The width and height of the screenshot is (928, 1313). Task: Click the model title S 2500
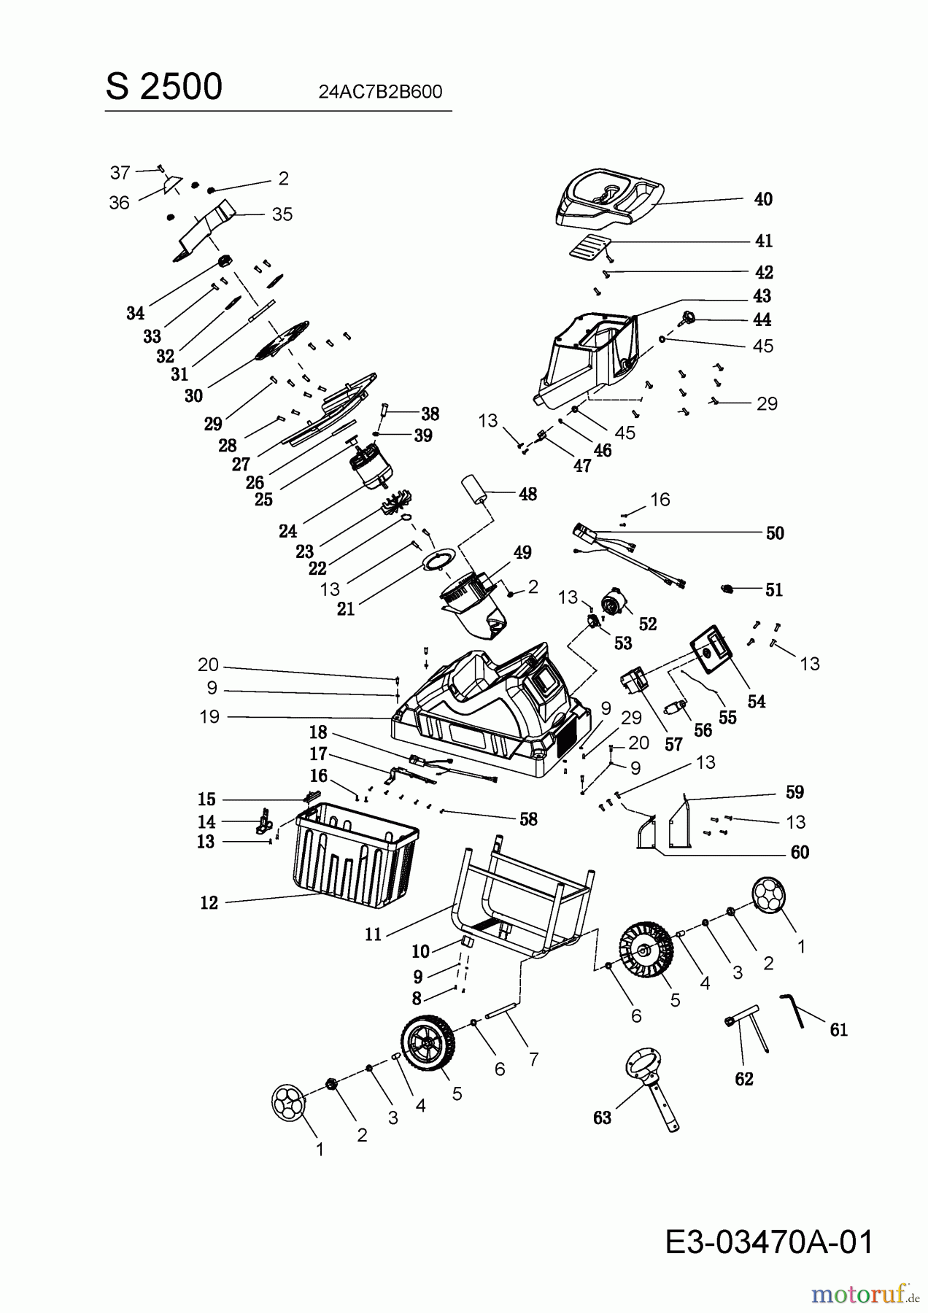pos(164,87)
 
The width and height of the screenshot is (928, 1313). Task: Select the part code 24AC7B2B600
pos(380,92)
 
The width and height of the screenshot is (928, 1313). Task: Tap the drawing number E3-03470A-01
pos(769,1242)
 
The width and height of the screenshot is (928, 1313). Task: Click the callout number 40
pos(763,199)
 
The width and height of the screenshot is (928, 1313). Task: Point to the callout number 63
pos(602,1118)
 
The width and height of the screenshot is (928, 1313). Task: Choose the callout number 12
pos(209,902)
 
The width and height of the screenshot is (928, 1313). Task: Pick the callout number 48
pos(527,494)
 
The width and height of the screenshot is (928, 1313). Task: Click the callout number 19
pos(209,716)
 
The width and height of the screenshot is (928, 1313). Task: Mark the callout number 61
pos(839,1029)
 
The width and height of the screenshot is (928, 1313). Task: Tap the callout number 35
pos(282,214)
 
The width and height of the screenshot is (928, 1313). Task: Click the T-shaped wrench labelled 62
pos(746,1031)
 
